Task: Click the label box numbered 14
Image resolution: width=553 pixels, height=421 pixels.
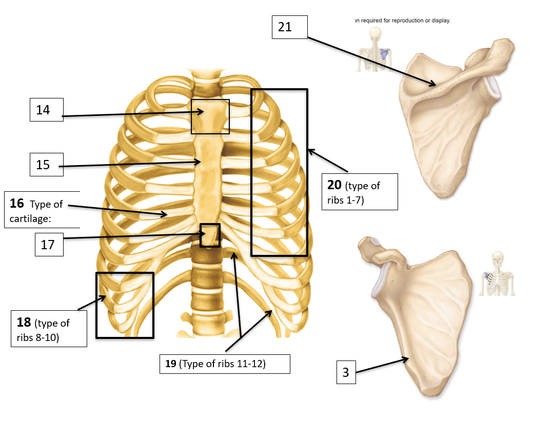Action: (46, 110)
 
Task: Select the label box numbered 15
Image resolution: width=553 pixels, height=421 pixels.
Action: (46, 165)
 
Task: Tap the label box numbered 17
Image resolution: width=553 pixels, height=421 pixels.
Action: (49, 245)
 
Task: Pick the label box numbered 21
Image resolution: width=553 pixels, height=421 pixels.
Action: (289, 27)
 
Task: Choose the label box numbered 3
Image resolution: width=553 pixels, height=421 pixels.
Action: (346, 372)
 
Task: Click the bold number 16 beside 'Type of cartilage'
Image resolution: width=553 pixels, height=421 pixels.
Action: (17, 204)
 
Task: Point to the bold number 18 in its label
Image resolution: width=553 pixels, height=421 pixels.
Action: (24, 323)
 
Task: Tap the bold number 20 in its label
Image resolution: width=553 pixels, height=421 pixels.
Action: (334, 185)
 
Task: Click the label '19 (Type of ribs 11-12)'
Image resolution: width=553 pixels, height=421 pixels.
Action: (225, 364)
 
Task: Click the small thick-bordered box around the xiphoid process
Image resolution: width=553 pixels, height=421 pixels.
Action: (210, 235)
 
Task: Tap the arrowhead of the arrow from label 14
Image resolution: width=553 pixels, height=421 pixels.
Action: (203, 111)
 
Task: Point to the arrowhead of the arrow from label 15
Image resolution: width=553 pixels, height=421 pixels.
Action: (200, 162)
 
